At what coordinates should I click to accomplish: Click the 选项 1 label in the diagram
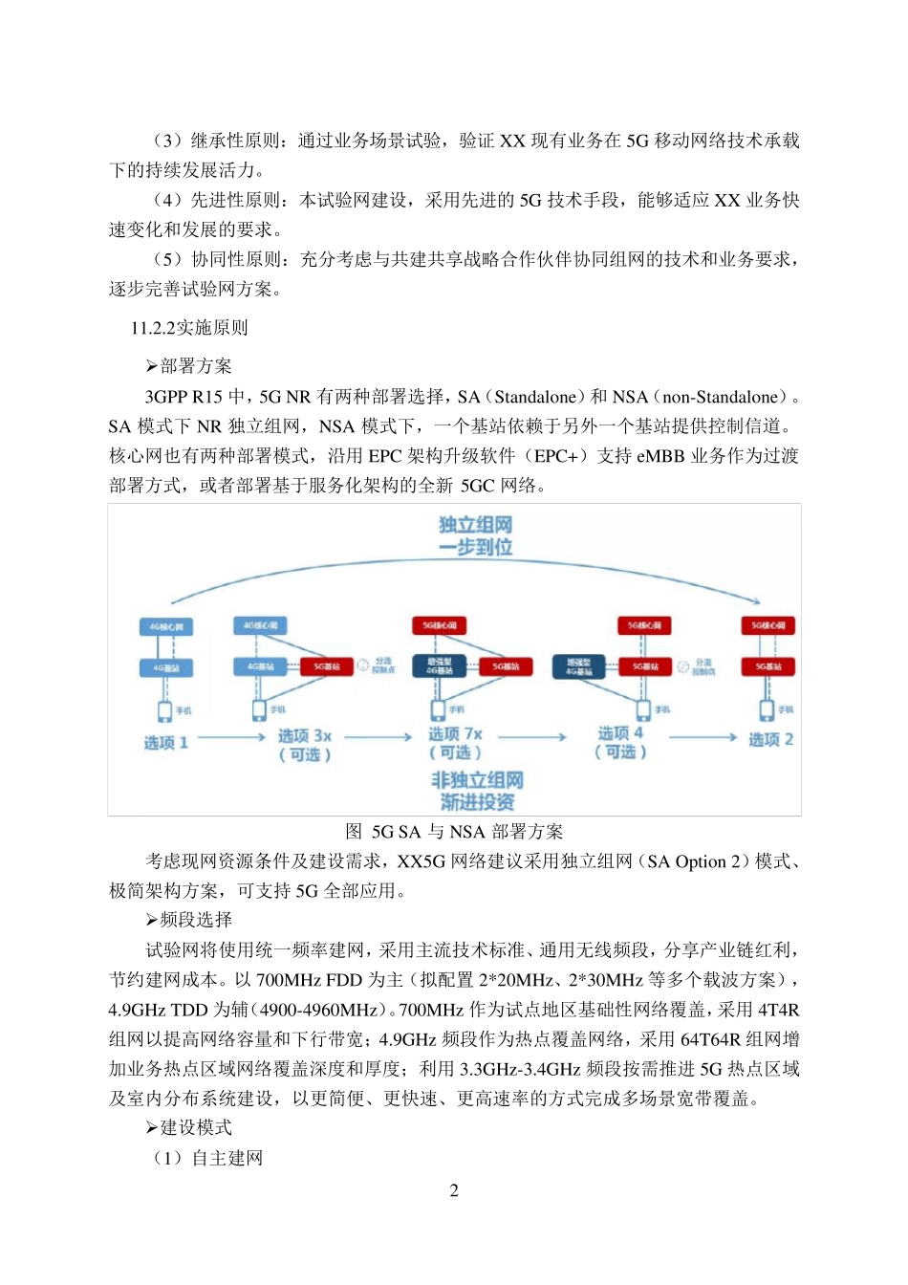(165, 743)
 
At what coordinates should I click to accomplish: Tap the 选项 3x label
(304, 736)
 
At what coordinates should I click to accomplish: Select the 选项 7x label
(455, 734)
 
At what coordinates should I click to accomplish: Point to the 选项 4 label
(620, 733)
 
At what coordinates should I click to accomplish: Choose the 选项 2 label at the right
(770, 740)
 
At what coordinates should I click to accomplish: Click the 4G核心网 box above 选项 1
(166, 627)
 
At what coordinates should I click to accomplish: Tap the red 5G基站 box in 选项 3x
(327, 666)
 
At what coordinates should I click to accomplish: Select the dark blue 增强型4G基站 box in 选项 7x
(439, 666)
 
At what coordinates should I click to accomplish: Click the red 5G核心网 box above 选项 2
(768, 625)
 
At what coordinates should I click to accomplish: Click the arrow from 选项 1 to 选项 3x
(231, 737)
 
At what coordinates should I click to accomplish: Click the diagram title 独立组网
(475, 525)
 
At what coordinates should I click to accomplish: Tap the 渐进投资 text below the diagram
(477, 802)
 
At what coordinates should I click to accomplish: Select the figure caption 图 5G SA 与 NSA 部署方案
(454, 832)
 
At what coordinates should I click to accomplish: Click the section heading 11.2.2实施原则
(189, 328)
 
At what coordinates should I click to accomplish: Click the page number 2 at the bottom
(454, 1190)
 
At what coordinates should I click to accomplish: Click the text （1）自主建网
(207, 1158)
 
